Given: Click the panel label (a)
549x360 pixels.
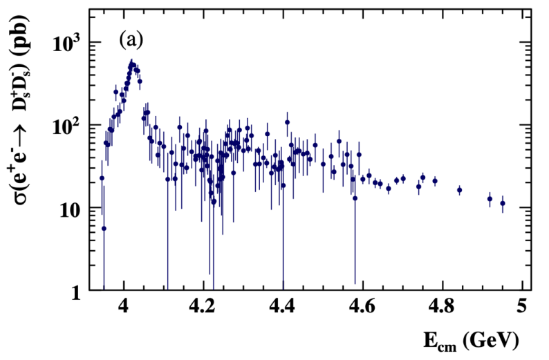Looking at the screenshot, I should (131, 40).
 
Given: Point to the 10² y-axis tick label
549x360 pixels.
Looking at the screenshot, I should (67, 126).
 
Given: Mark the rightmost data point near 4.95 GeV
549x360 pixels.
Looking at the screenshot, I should (503, 203).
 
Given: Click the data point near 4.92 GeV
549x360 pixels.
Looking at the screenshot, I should (490, 199).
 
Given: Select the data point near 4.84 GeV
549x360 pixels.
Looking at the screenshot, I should (459, 190).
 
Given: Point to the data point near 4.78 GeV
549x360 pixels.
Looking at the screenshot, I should (435, 181).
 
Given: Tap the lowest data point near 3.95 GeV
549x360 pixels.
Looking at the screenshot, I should (104, 228).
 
